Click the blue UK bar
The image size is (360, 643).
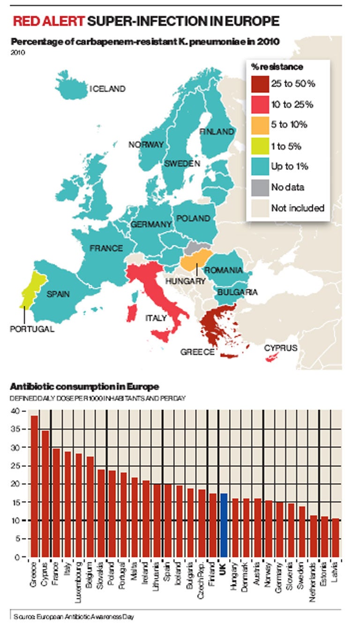pos(224,525)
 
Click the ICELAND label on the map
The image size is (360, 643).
pos(108,89)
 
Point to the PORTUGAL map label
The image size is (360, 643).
pos(32,329)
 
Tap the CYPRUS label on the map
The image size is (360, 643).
pos(280,348)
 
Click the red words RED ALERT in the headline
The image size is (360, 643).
pos(49,21)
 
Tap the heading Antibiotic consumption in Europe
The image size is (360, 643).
pos(84,387)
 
